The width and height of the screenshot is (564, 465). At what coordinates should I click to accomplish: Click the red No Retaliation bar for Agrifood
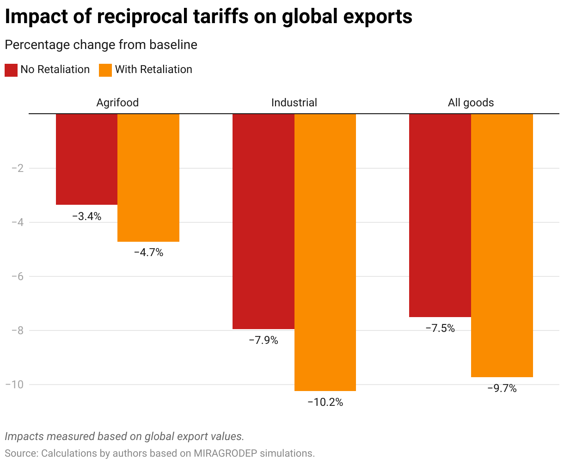86,159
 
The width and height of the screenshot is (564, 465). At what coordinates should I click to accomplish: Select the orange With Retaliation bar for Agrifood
148,177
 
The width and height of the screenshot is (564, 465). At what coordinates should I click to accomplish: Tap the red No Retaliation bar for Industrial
264,221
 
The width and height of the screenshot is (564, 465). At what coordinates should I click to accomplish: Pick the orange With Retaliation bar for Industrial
325,252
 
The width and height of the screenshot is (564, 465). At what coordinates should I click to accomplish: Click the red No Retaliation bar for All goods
440,215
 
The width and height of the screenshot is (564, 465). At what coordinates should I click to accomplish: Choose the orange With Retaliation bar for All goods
502,245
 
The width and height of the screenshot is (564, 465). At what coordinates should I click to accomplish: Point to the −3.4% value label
86,216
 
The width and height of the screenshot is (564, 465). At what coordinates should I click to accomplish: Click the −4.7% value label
148,253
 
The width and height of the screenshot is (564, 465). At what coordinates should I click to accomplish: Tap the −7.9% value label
264,341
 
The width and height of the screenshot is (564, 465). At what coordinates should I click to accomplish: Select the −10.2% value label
325,403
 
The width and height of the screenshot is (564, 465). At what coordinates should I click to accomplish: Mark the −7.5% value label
440,329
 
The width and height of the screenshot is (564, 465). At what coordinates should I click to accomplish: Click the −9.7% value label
502,389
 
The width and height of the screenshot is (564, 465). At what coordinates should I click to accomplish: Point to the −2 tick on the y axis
17,168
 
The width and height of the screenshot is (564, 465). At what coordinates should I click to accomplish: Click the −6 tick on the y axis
17,276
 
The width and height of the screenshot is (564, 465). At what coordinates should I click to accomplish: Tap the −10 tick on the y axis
14,385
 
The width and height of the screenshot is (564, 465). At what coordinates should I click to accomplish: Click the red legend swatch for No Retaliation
11,70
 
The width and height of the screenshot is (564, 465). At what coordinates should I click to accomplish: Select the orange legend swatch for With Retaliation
105,70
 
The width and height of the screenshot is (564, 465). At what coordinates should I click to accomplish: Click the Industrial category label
294,103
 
